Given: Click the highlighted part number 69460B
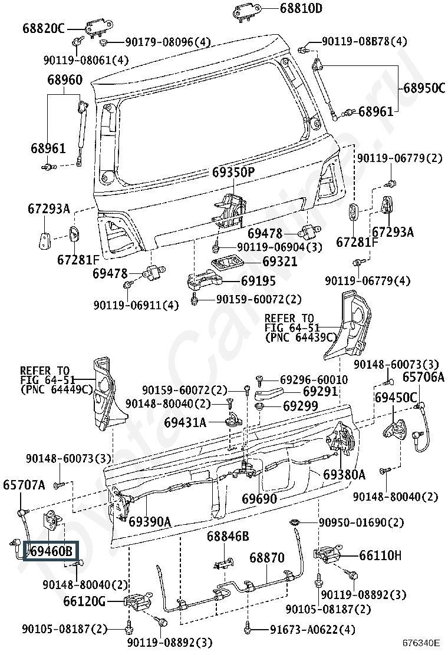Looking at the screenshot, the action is [x=51, y=551].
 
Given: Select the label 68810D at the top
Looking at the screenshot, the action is [x=301, y=9].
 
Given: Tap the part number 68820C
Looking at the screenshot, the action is [x=44, y=29].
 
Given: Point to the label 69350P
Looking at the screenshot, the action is [x=233, y=172].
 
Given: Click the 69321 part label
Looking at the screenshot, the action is [x=279, y=262].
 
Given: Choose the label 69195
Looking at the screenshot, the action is [x=258, y=281].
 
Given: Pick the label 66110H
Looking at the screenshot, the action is [x=380, y=555].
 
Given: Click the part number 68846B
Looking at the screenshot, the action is [x=228, y=537].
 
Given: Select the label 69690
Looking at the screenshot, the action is [x=259, y=498].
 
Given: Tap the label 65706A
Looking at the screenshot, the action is [x=423, y=377].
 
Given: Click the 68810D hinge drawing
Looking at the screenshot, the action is [x=247, y=11].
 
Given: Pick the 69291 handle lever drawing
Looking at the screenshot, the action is [x=269, y=393].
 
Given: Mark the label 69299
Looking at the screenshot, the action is [x=301, y=406].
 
